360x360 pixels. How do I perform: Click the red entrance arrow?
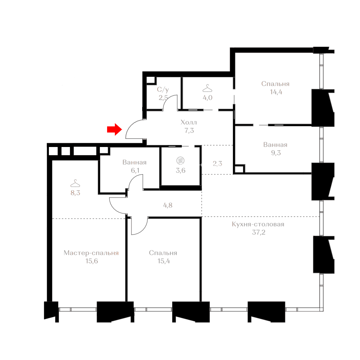[x=114, y=129]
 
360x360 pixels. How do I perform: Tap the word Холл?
[x=188, y=122]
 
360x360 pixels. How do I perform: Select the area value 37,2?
[x=258, y=232]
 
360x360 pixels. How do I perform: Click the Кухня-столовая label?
[x=258, y=224]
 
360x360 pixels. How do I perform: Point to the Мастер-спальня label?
[x=91, y=253]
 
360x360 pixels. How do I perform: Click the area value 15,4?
[x=164, y=261]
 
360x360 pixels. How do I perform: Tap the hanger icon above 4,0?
[x=207, y=88]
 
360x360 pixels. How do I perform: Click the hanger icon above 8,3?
[x=75, y=183]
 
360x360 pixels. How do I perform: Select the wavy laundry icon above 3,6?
[x=180, y=160]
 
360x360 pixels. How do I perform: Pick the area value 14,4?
[x=276, y=92]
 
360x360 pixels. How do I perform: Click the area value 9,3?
[x=276, y=153]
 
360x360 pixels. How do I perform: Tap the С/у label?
[x=163, y=90]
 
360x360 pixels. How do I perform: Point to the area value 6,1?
[x=135, y=170]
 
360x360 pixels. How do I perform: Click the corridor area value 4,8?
[x=168, y=205]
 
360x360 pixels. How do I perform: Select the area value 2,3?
[x=217, y=164]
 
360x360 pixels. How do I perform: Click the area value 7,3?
[x=189, y=130]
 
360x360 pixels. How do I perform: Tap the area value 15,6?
[x=91, y=261]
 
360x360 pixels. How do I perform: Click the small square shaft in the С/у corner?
[x=151, y=80]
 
